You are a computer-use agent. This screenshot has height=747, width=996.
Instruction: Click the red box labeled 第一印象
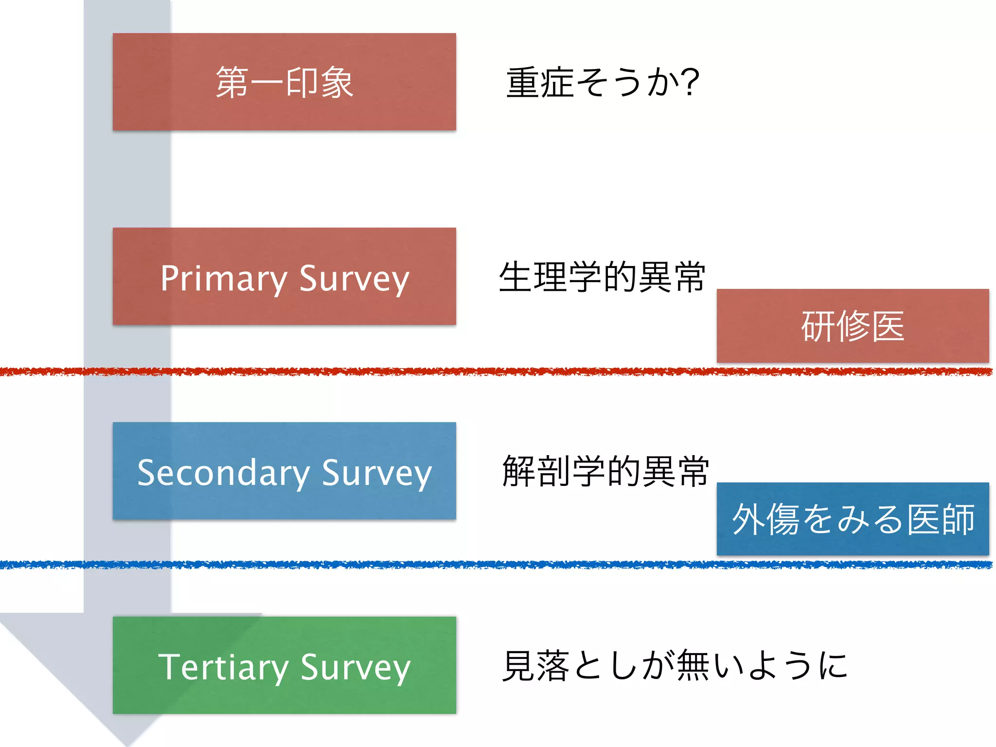(x=284, y=82)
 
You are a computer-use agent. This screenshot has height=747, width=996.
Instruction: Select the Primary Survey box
(x=284, y=276)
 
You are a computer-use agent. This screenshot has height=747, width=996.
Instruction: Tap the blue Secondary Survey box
(x=284, y=471)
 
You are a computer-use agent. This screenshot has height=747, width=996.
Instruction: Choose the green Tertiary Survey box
(x=284, y=665)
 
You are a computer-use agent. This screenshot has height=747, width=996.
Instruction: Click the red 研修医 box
(x=853, y=325)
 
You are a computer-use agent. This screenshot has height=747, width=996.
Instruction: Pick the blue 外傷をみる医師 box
(x=853, y=519)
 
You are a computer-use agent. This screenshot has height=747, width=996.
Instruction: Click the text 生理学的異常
(x=602, y=277)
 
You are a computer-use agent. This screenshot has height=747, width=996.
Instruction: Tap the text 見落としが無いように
(x=675, y=665)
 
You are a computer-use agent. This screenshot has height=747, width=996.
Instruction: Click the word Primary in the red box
(x=223, y=279)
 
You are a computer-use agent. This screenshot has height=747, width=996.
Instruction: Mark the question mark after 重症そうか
(x=690, y=82)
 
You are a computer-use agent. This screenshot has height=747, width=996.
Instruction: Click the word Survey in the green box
(x=356, y=668)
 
